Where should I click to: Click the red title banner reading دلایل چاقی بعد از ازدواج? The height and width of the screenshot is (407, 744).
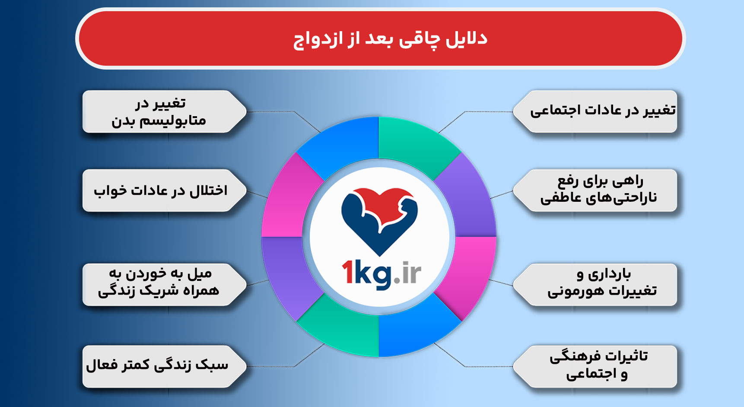(x=380, y=38)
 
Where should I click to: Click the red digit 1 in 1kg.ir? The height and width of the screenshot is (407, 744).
(x=347, y=273)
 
